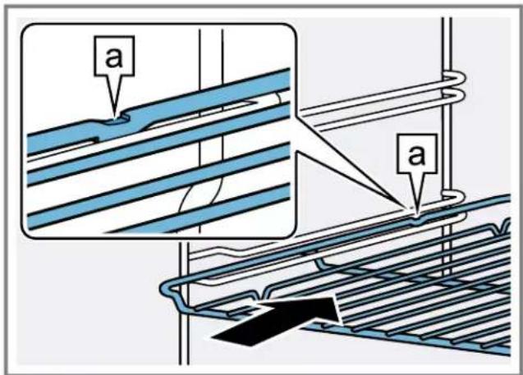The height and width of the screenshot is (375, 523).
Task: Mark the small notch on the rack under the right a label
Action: (416, 215)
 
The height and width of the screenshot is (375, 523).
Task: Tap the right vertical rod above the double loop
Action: (447, 41)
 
